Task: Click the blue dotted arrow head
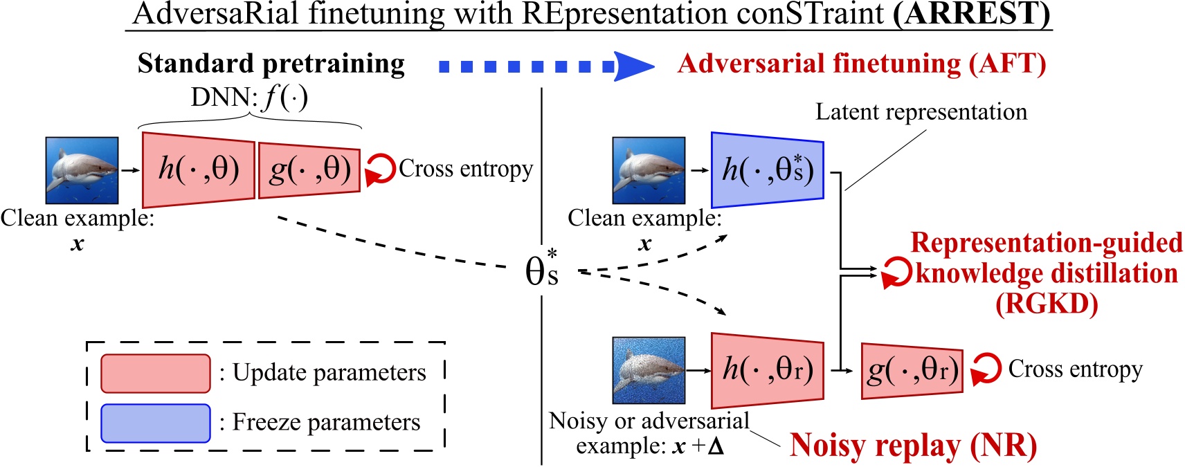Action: [633, 66]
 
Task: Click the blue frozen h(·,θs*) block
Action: [767, 170]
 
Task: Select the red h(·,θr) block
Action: [767, 370]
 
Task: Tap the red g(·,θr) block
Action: [912, 371]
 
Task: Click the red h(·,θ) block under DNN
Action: [199, 170]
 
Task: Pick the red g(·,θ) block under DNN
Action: [309, 170]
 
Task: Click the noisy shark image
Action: [649, 370]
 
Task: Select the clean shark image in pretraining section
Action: [82, 170]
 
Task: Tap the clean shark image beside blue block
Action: [649, 170]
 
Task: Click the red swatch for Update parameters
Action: [155, 374]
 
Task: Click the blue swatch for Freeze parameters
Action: [155, 423]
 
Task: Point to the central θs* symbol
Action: [542, 270]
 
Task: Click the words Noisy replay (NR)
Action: [912, 446]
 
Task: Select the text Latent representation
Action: [921, 112]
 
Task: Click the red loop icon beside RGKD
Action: [896, 273]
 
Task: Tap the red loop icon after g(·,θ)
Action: [379, 170]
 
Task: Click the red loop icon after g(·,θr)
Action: [986, 369]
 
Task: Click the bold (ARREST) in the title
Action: [971, 14]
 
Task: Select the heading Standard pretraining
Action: [271, 64]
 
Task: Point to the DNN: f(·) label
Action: [249, 98]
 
